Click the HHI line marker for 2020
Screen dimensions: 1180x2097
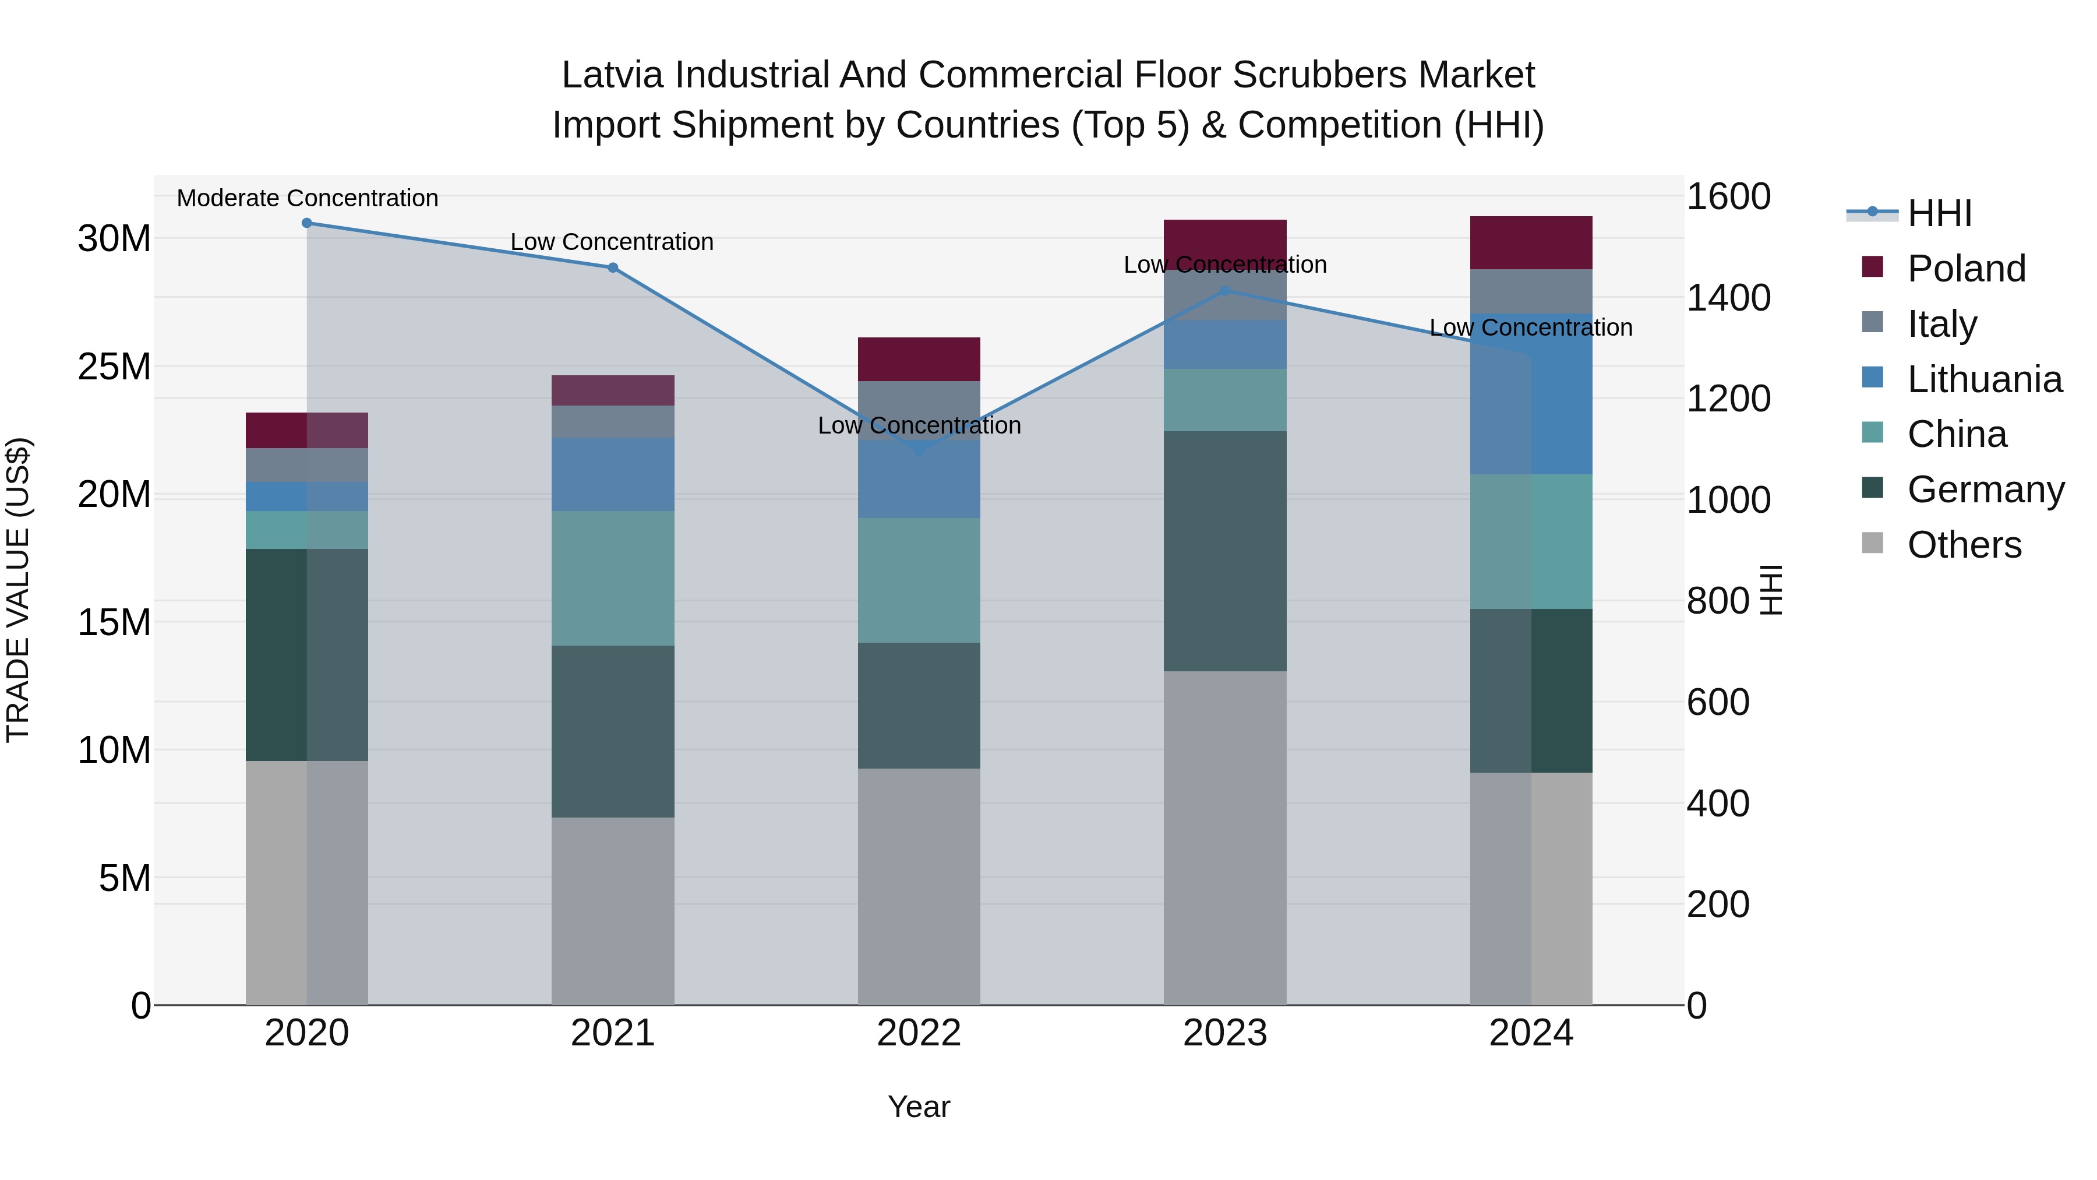(307, 223)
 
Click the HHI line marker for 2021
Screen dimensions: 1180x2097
(613, 268)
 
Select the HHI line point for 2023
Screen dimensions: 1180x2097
(1225, 291)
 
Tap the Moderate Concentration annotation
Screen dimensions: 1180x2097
(307, 199)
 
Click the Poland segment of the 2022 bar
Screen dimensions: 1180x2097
(919, 359)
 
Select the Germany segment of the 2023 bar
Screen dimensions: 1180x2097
(1225, 551)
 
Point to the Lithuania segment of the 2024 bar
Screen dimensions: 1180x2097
(1531, 394)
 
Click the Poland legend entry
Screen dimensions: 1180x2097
(1965, 269)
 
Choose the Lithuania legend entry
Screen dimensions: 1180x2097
(1984, 379)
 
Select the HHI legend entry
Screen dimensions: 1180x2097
(1939, 213)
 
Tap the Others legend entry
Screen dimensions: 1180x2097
(1964, 545)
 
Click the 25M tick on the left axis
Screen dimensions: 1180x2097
(114, 367)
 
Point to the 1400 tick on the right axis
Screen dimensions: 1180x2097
(1728, 298)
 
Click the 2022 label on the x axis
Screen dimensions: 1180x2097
(919, 1033)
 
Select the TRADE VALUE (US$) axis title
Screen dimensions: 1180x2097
(19, 590)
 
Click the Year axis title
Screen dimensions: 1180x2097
(919, 1107)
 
